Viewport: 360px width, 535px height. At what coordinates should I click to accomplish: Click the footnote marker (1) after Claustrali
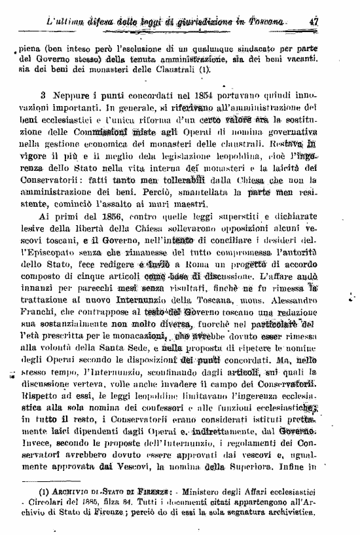pos(206,67)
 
